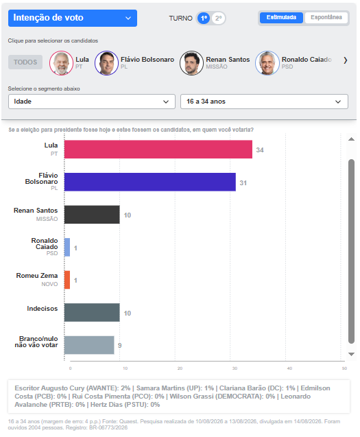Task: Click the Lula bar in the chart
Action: pyautogui.click(x=158, y=150)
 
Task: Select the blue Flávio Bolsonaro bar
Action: pyautogui.click(x=150, y=182)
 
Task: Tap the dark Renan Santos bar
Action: pyautogui.click(x=92, y=215)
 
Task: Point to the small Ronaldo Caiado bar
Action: pyautogui.click(x=67, y=247)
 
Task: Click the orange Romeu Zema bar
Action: pyautogui.click(x=67, y=280)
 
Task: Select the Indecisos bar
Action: pyautogui.click(x=92, y=312)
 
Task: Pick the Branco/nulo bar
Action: pyautogui.click(x=89, y=345)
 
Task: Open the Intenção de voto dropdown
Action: pyautogui.click(x=73, y=18)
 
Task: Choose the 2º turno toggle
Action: pyautogui.click(x=219, y=19)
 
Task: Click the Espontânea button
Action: pyautogui.click(x=326, y=18)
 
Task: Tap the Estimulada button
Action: pyautogui.click(x=281, y=18)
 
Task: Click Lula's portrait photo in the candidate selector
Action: pyautogui.click(x=61, y=63)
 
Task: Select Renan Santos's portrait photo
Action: pyautogui.click(x=191, y=63)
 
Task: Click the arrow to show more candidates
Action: pyautogui.click(x=346, y=60)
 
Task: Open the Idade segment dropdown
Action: pyautogui.click(x=92, y=102)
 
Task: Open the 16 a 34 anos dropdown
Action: pyautogui.click(x=264, y=102)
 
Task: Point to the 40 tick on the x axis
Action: pyautogui.click(x=289, y=368)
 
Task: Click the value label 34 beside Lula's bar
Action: pyautogui.click(x=260, y=150)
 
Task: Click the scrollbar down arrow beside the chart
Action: pyautogui.click(x=351, y=354)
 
